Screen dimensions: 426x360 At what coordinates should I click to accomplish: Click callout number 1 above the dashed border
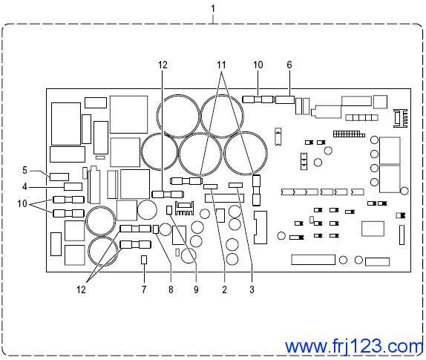coord(213,9)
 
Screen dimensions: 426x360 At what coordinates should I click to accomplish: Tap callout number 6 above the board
coord(289,65)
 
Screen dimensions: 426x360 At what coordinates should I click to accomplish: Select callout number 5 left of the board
coord(24,171)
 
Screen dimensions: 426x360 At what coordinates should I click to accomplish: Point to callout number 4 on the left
coord(24,186)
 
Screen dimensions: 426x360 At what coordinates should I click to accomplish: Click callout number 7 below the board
coord(144,289)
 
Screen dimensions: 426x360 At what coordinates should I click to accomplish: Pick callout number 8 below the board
coord(171,289)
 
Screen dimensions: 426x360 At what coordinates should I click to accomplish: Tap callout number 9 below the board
coord(196,289)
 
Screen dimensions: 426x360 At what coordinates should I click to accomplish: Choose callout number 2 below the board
coord(224,289)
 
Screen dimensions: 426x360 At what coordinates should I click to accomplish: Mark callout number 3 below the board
coord(252,289)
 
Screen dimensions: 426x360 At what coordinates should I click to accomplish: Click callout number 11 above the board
coord(221,65)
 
